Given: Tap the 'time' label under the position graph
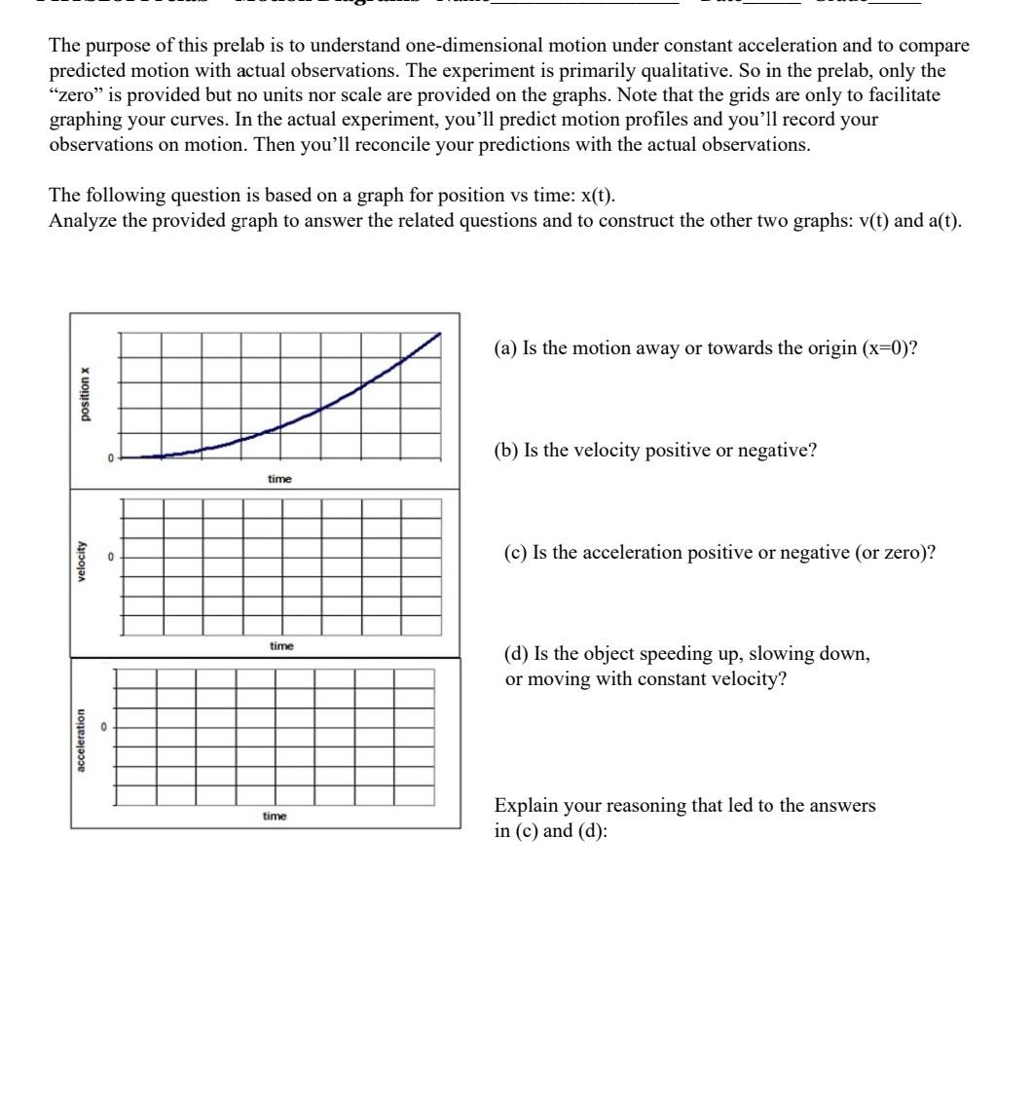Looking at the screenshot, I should click(279, 479).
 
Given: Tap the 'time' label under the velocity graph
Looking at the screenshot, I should click(281, 646).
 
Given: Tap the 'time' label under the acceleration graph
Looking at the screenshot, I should click(275, 816).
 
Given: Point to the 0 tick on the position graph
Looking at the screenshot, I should click(110, 457).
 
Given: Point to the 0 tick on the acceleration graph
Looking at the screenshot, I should click(103, 727).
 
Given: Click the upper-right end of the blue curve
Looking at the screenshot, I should click(439, 334).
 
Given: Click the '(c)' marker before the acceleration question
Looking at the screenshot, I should click(516, 553).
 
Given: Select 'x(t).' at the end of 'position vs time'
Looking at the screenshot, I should click(598, 195).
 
